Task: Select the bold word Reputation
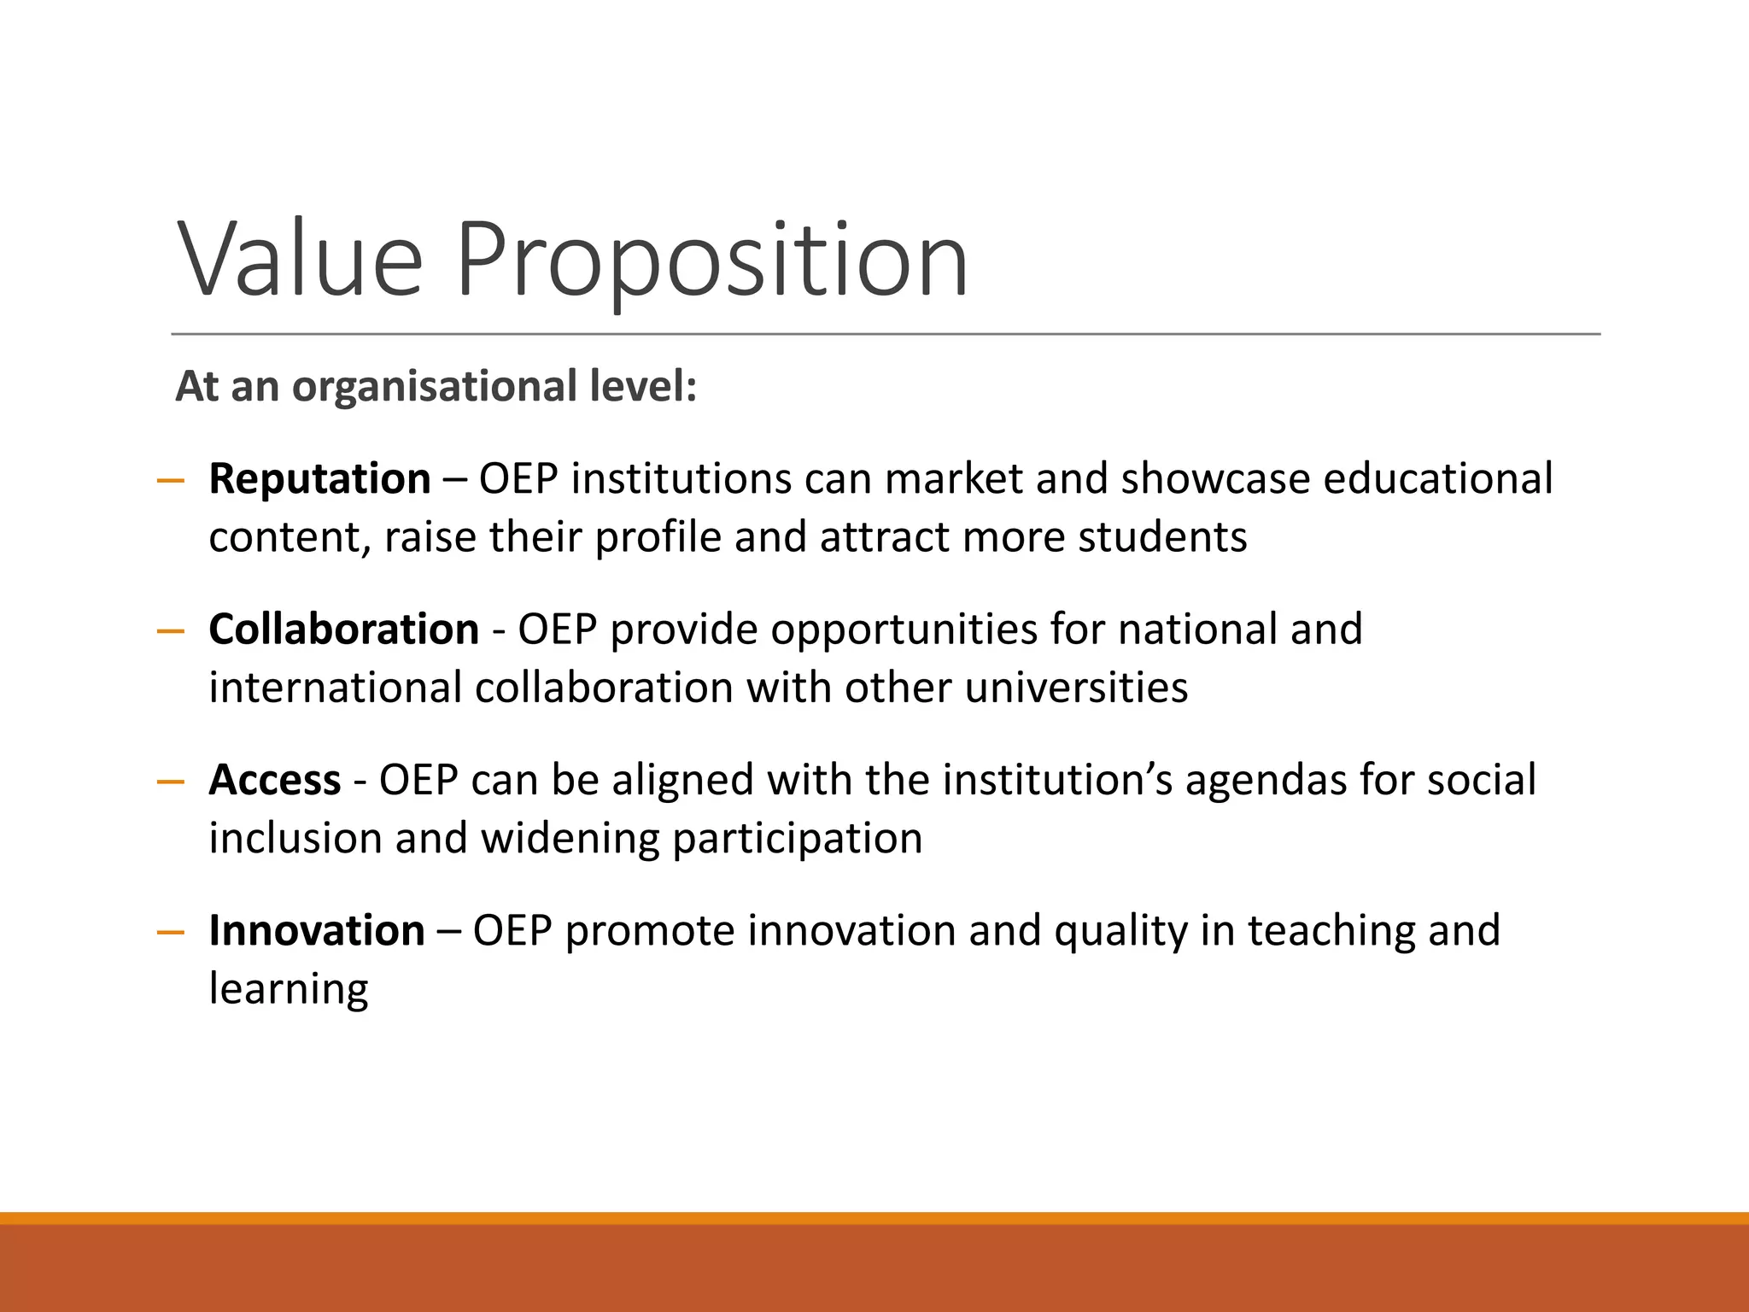click(x=319, y=478)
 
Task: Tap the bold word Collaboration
click(x=343, y=630)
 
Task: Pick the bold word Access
click(x=274, y=780)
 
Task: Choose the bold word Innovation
click(x=316, y=930)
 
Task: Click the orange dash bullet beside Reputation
click(x=171, y=481)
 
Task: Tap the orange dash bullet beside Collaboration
click(x=171, y=632)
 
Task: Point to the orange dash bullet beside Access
click(x=171, y=782)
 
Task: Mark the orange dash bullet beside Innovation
click(x=171, y=932)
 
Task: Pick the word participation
click(x=797, y=839)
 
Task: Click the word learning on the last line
click(x=288, y=990)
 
